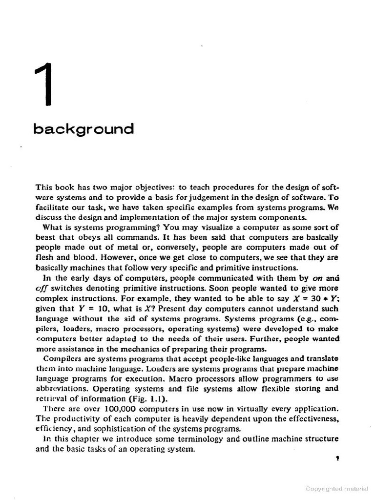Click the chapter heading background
[x=83, y=129]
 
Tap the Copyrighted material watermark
[x=337, y=489]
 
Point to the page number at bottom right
[x=337, y=458]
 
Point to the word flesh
[x=45, y=258]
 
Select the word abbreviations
[x=62, y=389]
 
